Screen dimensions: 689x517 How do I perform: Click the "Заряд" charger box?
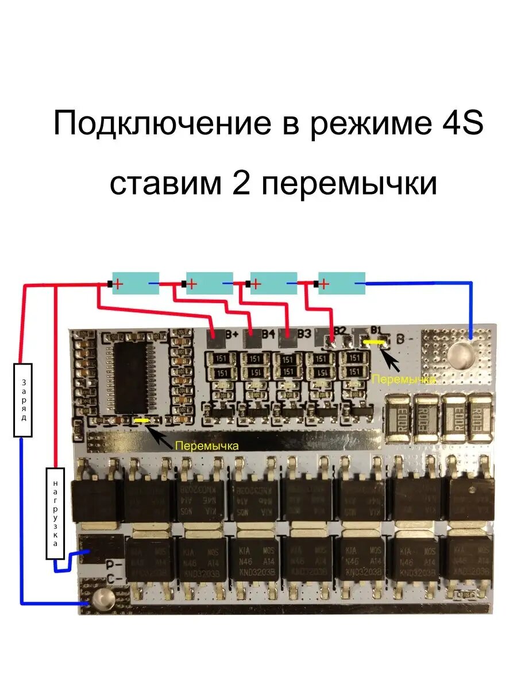pyautogui.click(x=23, y=400)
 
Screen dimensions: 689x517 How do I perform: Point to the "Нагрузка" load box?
pyautogui.click(x=55, y=513)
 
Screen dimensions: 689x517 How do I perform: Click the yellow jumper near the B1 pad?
pyautogui.click(x=375, y=342)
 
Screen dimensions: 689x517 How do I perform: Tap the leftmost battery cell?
pyautogui.click(x=135, y=284)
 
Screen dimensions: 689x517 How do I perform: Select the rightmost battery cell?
pyautogui.click(x=342, y=283)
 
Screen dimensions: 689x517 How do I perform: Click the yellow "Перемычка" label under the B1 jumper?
pyautogui.click(x=402, y=379)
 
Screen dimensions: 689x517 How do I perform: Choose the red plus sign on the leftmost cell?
pyautogui.click(x=118, y=283)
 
